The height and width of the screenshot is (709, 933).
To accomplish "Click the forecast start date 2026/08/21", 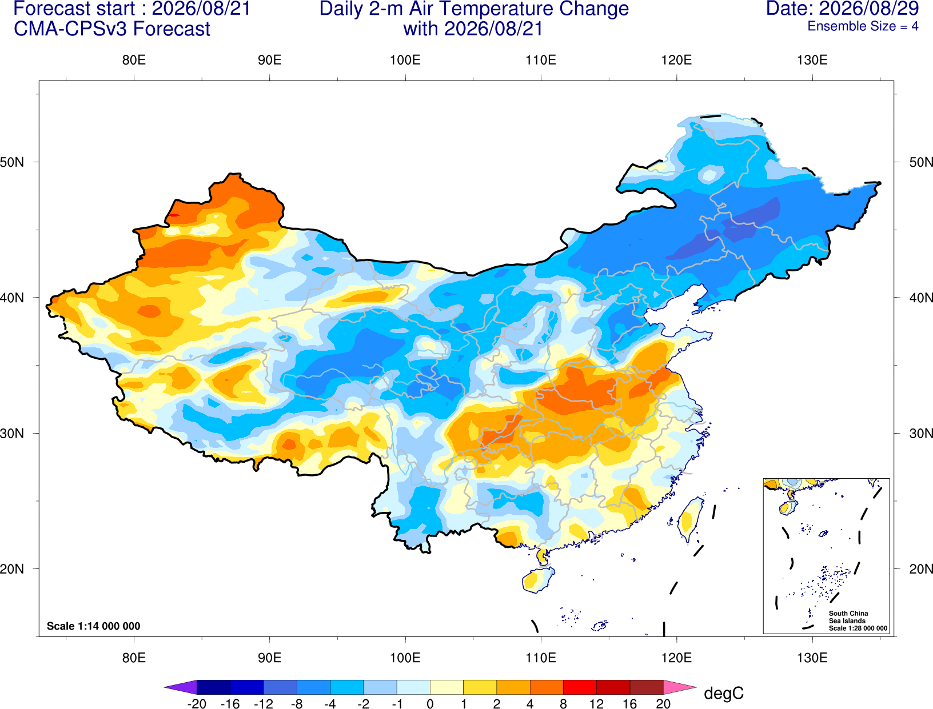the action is pyautogui.click(x=201, y=9).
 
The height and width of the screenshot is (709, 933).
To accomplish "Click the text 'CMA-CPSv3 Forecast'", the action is pyautogui.click(x=112, y=29).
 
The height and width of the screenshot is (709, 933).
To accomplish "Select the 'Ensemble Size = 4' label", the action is pyautogui.click(x=863, y=26).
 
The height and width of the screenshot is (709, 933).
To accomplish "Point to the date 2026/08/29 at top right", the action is pyautogui.click(x=869, y=9).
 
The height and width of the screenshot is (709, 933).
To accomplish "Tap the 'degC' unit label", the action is pyautogui.click(x=724, y=693).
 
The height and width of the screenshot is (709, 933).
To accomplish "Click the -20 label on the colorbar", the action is pyautogui.click(x=197, y=704).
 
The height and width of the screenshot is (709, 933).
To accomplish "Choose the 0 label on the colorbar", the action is pyautogui.click(x=430, y=704).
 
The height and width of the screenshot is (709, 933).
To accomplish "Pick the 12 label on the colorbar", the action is pyautogui.click(x=596, y=704).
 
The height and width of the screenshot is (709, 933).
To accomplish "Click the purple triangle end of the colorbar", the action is pyautogui.click(x=181, y=687).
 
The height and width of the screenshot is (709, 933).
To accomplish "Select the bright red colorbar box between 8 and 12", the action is pyautogui.click(x=580, y=687).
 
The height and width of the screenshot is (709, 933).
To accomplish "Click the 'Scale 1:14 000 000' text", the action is pyautogui.click(x=94, y=626).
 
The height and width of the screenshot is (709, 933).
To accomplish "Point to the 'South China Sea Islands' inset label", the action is pyautogui.click(x=848, y=617).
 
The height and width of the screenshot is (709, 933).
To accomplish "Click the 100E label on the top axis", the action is pyautogui.click(x=405, y=60).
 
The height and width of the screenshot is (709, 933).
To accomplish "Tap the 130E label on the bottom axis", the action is pyautogui.click(x=812, y=658).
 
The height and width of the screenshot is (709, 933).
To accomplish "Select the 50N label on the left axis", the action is pyautogui.click(x=12, y=162).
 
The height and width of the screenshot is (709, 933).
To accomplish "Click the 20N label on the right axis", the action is pyautogui.click(x=921, y=569).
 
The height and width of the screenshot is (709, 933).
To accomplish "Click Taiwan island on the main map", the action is pyautogui.click(x=689, y=519).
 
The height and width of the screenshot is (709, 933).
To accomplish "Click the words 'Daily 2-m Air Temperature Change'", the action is pyautogui.click(x=474, y=9).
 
